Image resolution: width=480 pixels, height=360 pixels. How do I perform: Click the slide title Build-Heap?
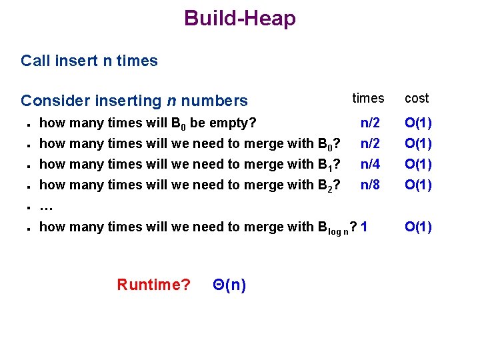point(240,19)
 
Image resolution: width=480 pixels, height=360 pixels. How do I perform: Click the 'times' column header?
point(368,99)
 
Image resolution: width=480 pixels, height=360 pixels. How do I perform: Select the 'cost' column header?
point(417,99)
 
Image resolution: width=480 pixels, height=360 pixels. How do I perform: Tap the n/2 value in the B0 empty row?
point(370,123)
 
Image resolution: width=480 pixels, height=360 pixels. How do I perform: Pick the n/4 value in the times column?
point(370,164)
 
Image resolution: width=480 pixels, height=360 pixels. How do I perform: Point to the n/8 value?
point(370,185)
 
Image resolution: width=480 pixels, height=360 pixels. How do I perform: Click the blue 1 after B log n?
point(363,227)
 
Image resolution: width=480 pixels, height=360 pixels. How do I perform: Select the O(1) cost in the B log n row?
point(418,227)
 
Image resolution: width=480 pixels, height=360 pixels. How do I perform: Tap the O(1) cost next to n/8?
point(418,185)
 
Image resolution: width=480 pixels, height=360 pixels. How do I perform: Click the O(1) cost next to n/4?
point(418,164)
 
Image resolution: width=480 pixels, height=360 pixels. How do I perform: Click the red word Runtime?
point(153,285)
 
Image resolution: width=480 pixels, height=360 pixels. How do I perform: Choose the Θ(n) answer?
point(229,285)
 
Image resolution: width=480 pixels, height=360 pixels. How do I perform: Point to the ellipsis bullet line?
point(46,206)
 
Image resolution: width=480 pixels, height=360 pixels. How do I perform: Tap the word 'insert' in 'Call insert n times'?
point(77,61)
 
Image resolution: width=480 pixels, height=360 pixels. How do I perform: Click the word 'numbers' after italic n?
point(214,101)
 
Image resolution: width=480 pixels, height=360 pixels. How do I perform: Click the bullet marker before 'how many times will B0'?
point(23,124)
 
